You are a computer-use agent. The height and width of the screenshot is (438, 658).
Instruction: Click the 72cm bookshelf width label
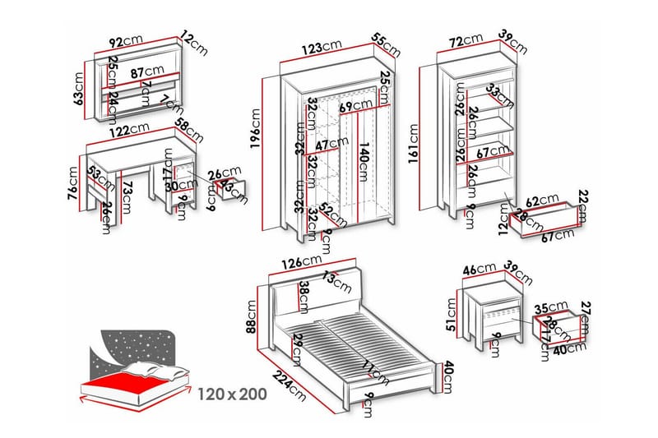[x=466, y=39]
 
